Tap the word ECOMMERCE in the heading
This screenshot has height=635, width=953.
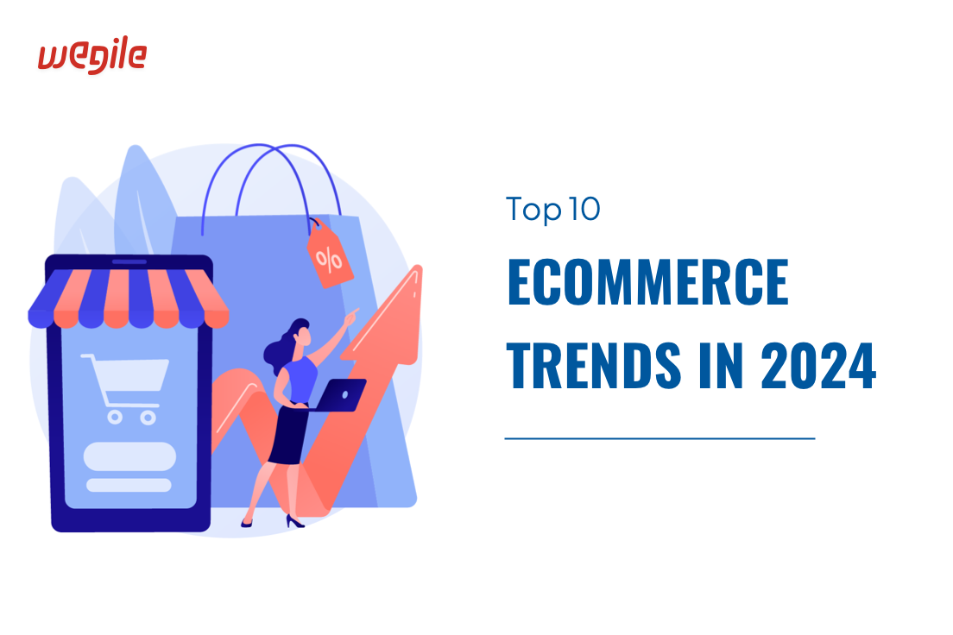(x=647, y=284)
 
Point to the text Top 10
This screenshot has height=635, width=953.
(x=552, y=210)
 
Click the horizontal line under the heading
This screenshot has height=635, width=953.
(x=660, y=438)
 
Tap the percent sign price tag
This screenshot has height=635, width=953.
(x=328, y=255)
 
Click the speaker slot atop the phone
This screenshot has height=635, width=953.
(x=129, y=261)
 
